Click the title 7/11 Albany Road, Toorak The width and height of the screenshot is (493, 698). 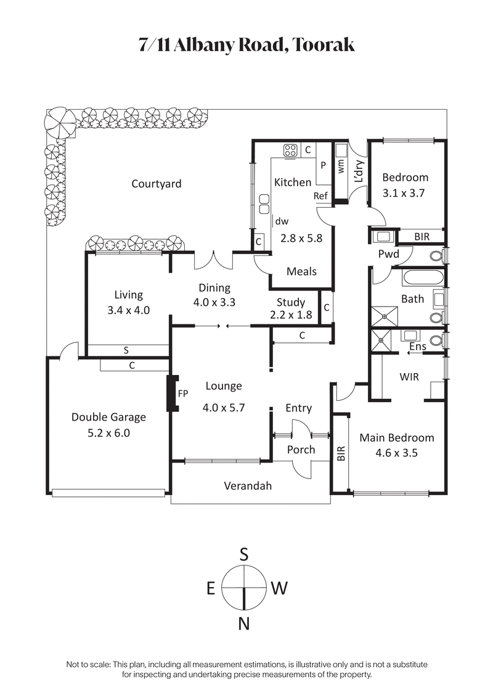coord(246,45)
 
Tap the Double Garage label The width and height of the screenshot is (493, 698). coord(108,417)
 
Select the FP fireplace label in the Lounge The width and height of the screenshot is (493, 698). coord(183,393)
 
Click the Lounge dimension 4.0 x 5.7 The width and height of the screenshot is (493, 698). coord(223,407)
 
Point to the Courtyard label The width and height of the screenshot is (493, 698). coord(157,183)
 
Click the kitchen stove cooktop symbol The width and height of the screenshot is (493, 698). coord(290,149)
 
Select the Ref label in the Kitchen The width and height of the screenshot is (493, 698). coord(320,196)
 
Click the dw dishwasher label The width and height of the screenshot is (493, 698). coord(282,221)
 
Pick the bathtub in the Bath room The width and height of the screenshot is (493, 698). coord(423,277)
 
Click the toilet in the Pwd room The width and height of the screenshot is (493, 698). coord(437,255)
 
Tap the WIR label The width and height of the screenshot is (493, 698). coord(409,376)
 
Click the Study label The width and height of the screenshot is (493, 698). coord(290,302)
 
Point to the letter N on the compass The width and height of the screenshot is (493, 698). coord(244,624)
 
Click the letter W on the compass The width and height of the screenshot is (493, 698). coord(279,589)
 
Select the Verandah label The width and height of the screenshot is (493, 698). coord(247,486)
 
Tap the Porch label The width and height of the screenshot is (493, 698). coord(301,450)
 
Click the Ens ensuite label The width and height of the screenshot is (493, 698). coord(417,347)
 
